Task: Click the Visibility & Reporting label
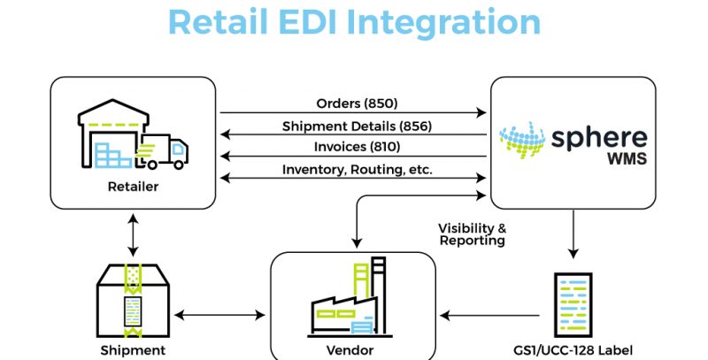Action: pyautogui.click(x=473, y=234)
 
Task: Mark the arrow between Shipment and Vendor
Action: pyautogui.click(x=220, y=314)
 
